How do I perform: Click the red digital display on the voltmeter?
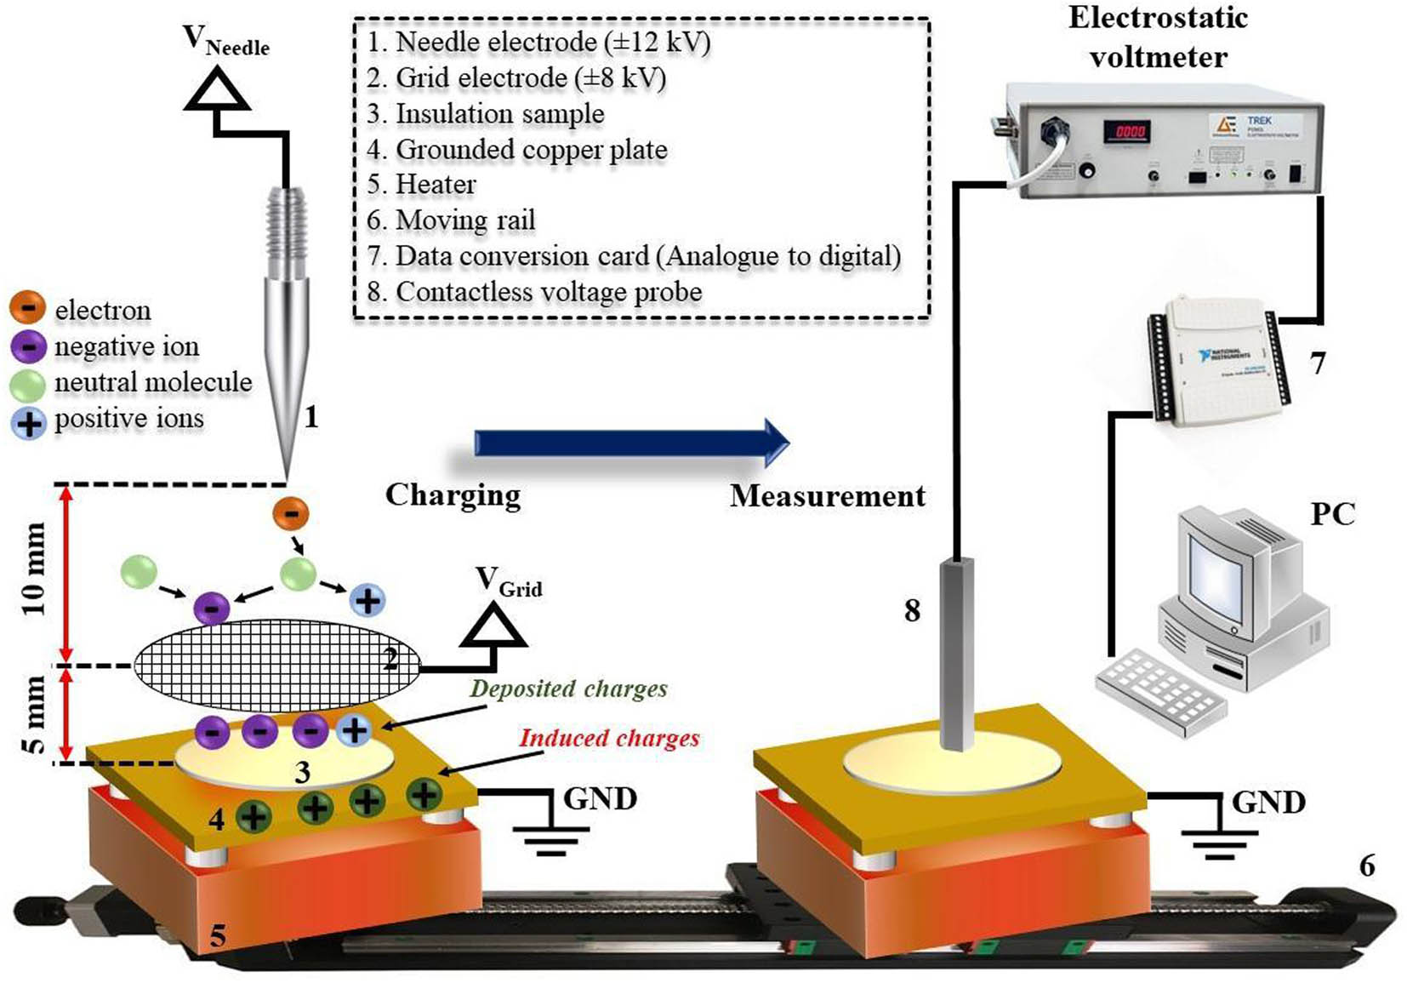coord(1129,131)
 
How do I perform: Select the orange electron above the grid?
coord(291,514)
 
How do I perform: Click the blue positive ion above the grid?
coord(367,601)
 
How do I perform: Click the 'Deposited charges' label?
coord(568,689)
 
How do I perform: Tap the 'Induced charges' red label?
coord(609,738)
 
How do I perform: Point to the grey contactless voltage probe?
coord(958,653)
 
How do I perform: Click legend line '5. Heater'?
coord(422,185)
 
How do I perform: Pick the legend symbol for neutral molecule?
coord(27,384)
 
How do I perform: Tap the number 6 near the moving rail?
coord(1366,866)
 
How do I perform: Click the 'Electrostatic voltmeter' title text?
coord(1158,37)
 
